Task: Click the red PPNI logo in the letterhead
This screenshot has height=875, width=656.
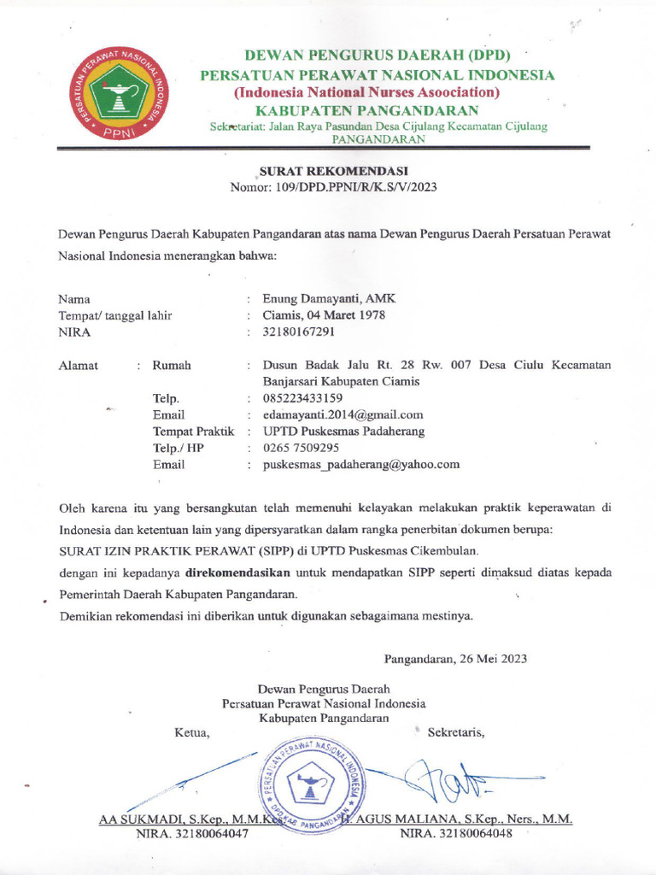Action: click(x=119, y=96)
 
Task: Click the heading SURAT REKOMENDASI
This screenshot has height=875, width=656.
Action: click(x=333, y=171)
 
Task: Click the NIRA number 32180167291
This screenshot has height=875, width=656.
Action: click(x=299, y=332)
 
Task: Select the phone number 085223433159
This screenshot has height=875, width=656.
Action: click(x=302, y=398)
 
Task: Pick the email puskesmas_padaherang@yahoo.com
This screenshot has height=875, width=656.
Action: click(x=361, y=465)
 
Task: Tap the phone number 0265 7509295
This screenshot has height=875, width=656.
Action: click(x=301, y=448)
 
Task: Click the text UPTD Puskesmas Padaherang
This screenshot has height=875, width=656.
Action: click(x=343, y=432)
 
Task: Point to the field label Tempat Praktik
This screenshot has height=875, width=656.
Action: click(x=193, y=432)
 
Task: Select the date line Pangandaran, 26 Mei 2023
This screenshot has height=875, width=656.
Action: click(x=455, y=659)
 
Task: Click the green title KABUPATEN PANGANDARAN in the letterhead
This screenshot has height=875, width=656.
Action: click(x=367, y=110)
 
